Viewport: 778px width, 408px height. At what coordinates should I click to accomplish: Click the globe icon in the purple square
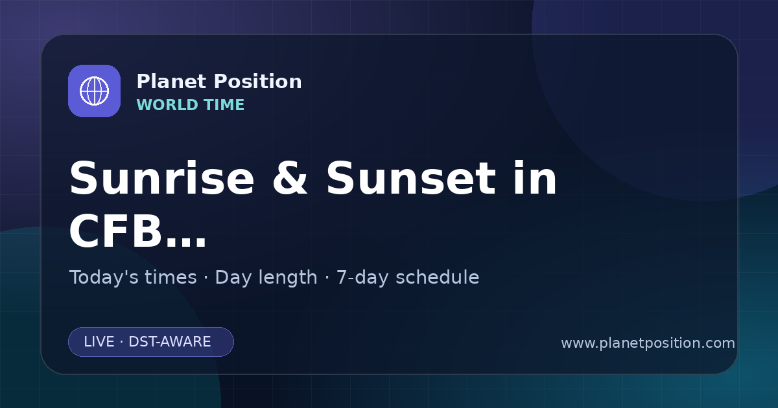coord(94,91)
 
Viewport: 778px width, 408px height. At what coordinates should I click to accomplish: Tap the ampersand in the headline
coord(290,178)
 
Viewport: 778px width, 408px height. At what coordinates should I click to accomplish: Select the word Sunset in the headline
coord(411,178)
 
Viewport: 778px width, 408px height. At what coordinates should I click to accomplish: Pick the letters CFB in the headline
coord(115,231)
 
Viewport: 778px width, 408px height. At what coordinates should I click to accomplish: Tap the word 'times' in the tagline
coord(171,277)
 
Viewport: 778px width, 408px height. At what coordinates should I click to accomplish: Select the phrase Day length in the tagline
coord(266,278)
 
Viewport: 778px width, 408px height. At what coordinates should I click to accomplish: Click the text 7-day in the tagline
coord(362,278)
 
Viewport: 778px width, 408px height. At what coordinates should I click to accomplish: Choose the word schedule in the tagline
coord(437,277)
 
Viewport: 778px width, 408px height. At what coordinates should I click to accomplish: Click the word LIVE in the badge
coord(99,342)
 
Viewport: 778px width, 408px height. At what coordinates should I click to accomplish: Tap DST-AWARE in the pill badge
coord(170,342)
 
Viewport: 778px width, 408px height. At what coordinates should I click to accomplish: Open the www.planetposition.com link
coord(648,343)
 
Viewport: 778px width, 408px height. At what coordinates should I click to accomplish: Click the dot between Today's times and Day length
coord(206,278)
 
